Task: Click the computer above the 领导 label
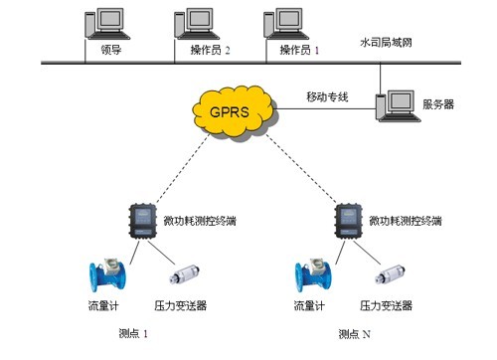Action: click(x=107, y=24)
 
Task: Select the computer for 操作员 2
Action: click(x=197, y=24)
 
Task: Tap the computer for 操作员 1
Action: click(x=286, y=24)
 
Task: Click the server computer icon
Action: click(x=398, y=106)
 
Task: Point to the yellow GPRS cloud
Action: click(x=234, y=112)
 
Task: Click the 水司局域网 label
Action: click(x=386, y=43)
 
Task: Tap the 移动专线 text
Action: click(x=327, y=97)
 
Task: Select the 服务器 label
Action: click(x=438, y=104)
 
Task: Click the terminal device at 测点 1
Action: click(x=142, y=221)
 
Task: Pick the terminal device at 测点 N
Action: click(x=348, y=221)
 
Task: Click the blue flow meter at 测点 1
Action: click(x=107, y=274)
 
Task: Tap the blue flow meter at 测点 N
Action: click(x=313, y=274)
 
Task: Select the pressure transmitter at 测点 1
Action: click(x=184, y=274)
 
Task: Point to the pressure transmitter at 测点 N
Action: click(x=391, y=274)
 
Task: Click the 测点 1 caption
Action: click(x=133, y=333)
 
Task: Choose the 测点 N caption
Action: click(x=354, y=334)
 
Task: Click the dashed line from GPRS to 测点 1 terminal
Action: click(x=183, y=168)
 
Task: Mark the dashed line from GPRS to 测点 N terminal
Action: click(x=301, y=168)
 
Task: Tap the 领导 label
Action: click(x=111, y=50)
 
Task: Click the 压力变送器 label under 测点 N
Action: click(x=386, y=305)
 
